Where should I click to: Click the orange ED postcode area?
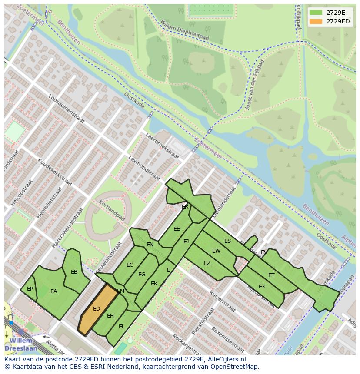[x=97, y=309]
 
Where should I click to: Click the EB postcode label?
[x=74, y=272]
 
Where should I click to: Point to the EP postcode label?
[x=30, y=288]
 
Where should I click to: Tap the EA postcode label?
[x=53, y=291]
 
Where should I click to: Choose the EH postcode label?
[x=110, y=315]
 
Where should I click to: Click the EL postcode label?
[x=122, y=326]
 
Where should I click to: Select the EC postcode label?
[x=130, y=265]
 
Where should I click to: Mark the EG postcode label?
[x=142, y=274]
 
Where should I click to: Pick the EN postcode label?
[x=150, y=245]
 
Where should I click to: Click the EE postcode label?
[x=177, y=228]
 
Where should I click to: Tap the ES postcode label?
[x=227, y=241]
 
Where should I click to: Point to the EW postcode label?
[x=216, y=251]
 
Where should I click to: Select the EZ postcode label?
[x=207, y=263]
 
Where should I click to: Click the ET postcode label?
[x=271, y=275]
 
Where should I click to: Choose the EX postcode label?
[x=262, y=286]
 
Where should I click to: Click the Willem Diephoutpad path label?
[x=184, y=30]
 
